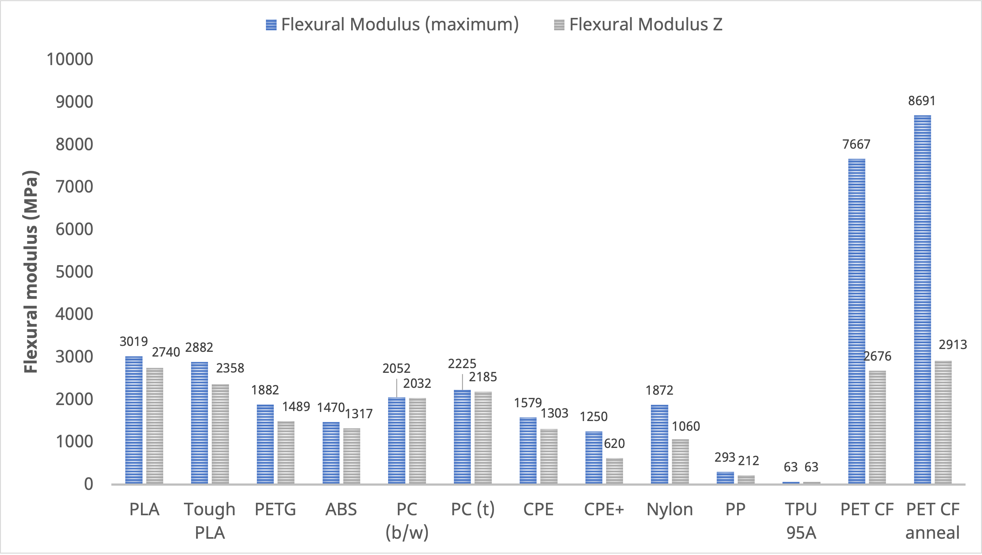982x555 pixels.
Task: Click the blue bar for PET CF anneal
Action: click(x=922, y=299)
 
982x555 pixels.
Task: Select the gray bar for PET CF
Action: click(x=877, y=427)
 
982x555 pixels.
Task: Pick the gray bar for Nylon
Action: click(x=680, y=461)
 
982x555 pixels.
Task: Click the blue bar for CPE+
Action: click(x=594, y=457)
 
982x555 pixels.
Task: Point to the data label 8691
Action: click(x=922, y=101)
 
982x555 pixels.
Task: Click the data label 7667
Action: click(x=856, y=145)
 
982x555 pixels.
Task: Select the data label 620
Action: click(x=614, y=444)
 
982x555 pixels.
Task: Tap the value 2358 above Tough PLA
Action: click(x=230, y=368)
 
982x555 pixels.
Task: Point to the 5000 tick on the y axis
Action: click(x=74, y=272)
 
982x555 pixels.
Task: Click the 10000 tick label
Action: click(x=70, y=59)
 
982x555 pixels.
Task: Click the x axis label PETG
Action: click(x=275, y=510)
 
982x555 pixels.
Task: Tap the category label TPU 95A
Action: click(x=801, y=521)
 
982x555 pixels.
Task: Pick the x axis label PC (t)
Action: click(x=472, y=510)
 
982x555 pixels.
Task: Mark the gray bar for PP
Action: click(x=746, y=480)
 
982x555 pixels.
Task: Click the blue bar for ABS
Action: click(x=331, y=453)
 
